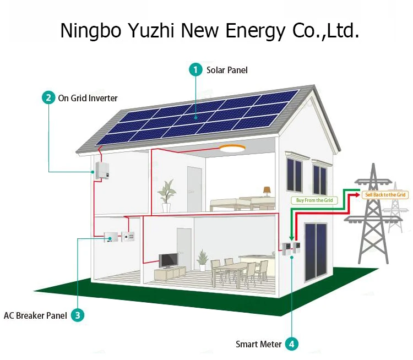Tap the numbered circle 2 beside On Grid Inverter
(49, 98)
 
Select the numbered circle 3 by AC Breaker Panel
(78, 315)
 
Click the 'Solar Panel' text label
(227, 70)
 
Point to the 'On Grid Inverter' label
(88, 98)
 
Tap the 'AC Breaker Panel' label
(35, 315)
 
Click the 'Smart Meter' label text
(259, 344)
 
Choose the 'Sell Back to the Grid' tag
(385, 195)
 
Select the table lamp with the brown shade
(267, 192)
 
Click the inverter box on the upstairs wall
(102, 170)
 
